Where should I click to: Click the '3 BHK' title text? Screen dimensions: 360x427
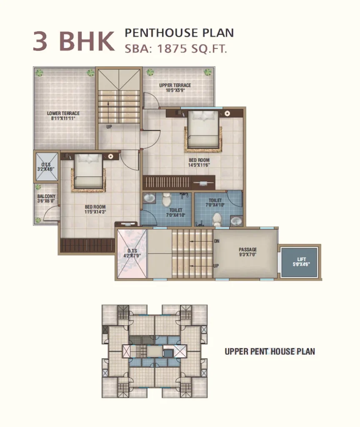coord(74,41)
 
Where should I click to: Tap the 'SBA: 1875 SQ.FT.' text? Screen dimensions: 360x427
coord(176,49)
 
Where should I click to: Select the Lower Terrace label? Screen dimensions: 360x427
coord(63,116)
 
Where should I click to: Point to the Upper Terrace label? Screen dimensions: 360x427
coord(175,88)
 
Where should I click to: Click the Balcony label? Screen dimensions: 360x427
coord(46,198)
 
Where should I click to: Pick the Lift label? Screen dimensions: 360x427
coord(301,262)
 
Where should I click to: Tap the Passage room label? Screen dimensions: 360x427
coord(247,252)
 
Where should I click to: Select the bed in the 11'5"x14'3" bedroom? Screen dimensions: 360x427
coord(88,171)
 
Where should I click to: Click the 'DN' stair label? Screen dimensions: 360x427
coord(217,241)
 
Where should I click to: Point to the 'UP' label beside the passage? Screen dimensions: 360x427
coord(216,266)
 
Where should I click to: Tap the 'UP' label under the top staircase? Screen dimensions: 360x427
coord(109,127)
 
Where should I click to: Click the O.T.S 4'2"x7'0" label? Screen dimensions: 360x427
coord(132,253)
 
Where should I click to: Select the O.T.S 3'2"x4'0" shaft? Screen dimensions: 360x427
coord(47,167)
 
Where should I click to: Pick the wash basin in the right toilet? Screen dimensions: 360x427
coord(236,221)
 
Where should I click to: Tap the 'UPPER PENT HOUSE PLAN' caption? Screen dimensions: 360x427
coord(270,352)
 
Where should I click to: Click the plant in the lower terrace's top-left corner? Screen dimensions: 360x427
coord(40,73)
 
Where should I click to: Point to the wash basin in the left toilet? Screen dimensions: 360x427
coord(149,198)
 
